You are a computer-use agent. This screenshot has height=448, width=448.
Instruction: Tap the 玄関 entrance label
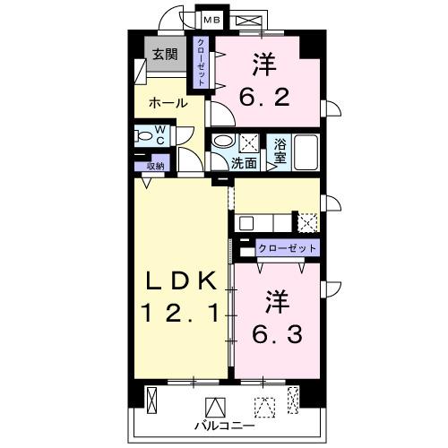pyautogui.click(x=163, y=54)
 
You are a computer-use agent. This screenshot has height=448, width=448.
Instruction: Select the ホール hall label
pyautogui.click(x=168, y=103)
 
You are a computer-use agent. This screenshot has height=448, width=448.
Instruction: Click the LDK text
pyautogui.click(x=180, y=283)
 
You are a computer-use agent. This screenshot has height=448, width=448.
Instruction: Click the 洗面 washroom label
pyautogui.click(x=244, y=163)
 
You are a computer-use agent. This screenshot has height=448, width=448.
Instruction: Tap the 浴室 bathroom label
pyautogui.click(x=280, y=149)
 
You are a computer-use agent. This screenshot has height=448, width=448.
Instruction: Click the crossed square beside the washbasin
pyautogui.click(x=248, y=142)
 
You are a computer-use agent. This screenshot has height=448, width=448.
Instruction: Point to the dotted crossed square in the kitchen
pyautogui.click(x=307, y=221)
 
